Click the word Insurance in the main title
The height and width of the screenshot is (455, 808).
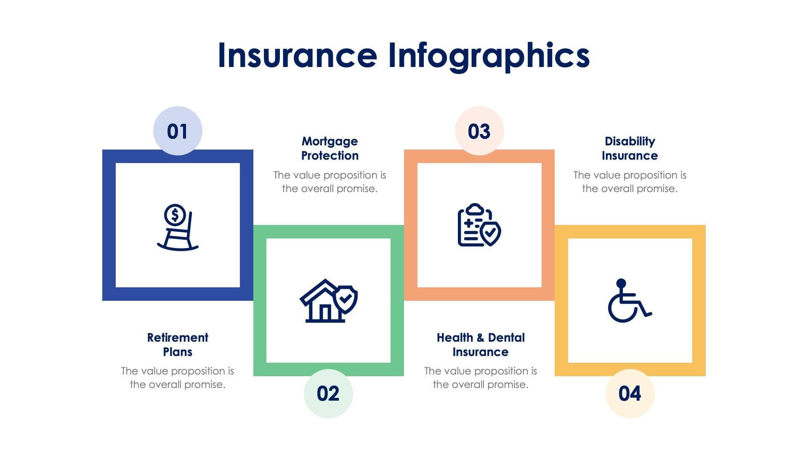pyautogui.click(x=297, y=55)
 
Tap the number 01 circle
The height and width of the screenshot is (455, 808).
pyautogui.click(x=178, y=131)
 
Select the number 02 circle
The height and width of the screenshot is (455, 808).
pyautogui.click(x=328, y=393)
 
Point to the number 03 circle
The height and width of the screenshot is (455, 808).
pyautogui.click(x=479, y=131)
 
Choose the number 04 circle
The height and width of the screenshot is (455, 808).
pyautogui.click(x=630, y=393)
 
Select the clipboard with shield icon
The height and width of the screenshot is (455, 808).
pyautogui.click(x=479, y=225)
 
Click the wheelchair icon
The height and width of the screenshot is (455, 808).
pyautogui.click(x=629, y=301)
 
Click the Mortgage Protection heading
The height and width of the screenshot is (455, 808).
pyautogui.click(x=330, y=148)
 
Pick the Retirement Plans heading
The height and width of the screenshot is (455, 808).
pyautogui.click(x=178, y=345)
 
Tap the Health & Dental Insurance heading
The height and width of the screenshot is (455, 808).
pyautogui.click(x=481, y=345)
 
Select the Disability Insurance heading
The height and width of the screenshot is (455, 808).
pyautogui.click(x=630, y=148)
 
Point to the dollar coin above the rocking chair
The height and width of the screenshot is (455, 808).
pyautogui.click(x=175, y=215)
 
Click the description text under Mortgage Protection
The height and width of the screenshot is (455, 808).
pyautogui.click(x=330, y=182)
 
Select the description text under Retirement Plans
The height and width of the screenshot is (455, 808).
pyautogui.click(x=178, y=377)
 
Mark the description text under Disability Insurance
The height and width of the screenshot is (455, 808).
pyautogui.click(x=630, y=182)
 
